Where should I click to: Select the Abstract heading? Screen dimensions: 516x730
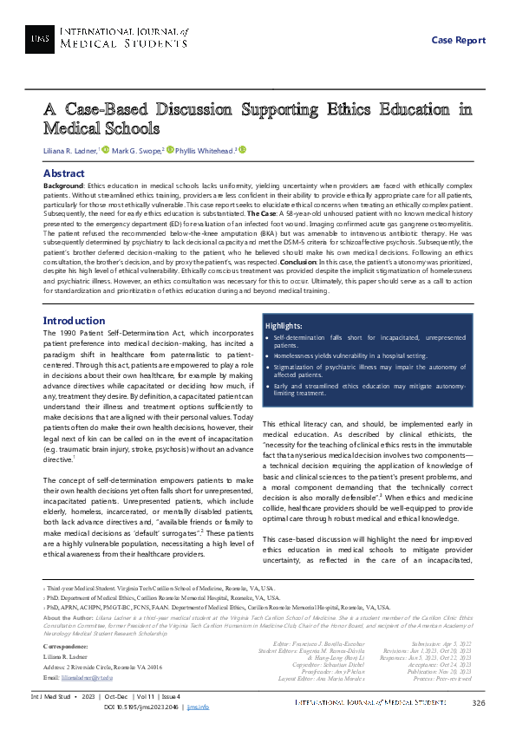click(x=63, y=173)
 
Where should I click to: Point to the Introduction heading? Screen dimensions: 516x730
click(x=74, y=321)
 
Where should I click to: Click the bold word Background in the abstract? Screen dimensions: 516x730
click(x=63, y=186)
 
